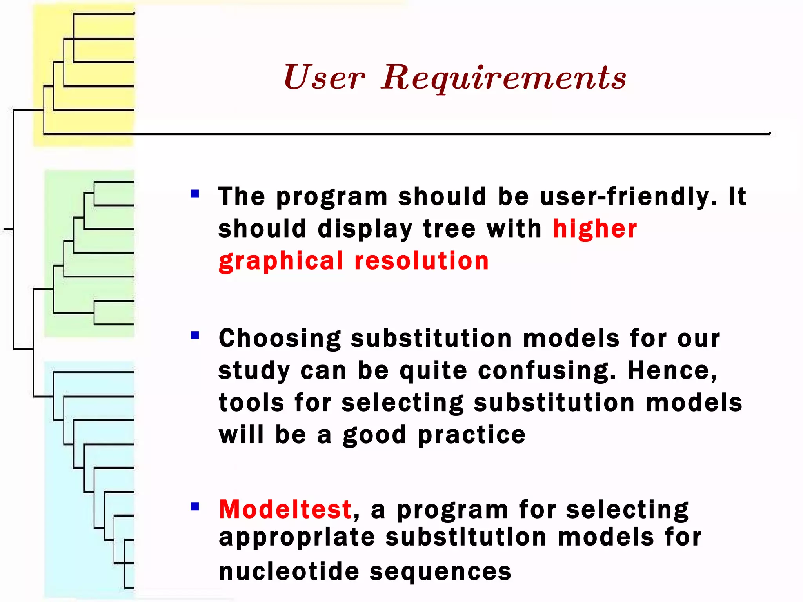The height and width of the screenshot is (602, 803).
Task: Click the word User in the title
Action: click(324, 78)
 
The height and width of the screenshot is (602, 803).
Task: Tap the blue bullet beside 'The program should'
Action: click(195, 194)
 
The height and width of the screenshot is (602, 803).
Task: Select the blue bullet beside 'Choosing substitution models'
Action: click(195, 335)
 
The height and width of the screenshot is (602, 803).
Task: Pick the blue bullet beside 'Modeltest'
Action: click(195, 507)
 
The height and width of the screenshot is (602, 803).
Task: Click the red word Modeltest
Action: click(285, 510)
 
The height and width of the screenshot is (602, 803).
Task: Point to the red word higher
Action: click(595, 229)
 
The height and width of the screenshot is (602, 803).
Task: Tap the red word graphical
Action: click(281, 262)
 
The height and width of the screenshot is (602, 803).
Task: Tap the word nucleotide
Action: click(289, 571)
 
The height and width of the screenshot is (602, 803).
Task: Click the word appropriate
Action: click(297, 537)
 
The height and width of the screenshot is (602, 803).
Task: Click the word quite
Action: click(433, 371)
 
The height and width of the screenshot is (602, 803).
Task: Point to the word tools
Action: click(251, 403)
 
